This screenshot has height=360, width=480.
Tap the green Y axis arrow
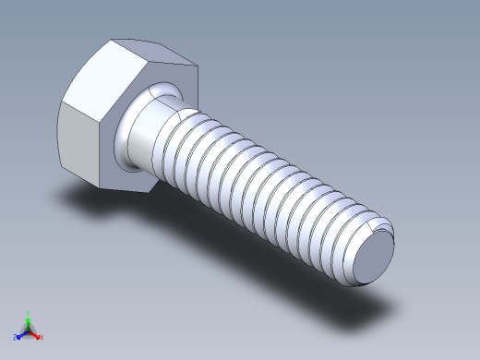[29, 320]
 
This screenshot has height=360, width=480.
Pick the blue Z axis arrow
[21, 334]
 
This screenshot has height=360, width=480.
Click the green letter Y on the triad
[29, 313]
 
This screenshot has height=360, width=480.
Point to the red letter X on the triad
[42, 338]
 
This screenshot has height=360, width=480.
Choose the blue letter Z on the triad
[16, 338]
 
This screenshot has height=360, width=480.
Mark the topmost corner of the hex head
[113, 40]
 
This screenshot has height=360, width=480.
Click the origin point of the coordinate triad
[29, 330]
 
